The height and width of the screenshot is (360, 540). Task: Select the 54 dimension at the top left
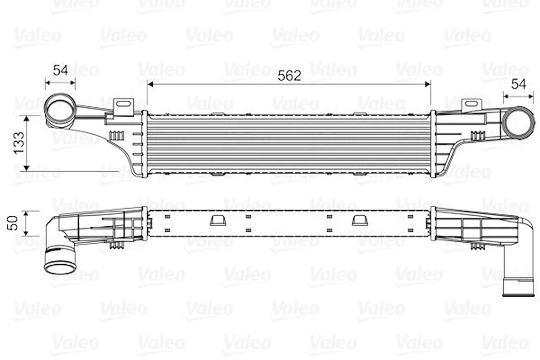tap(60, 71)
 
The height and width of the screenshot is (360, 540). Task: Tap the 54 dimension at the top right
tap(518, 84)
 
